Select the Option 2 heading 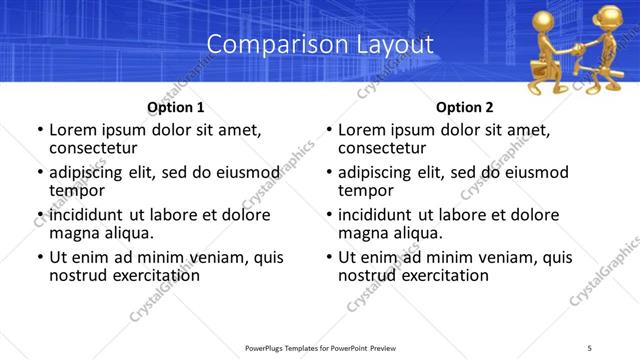pyautogui.click(x=465, y=107)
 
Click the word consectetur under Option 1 pyautogui.click(x=99, y=148)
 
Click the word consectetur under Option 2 pyautogui.click(x=388, y=148)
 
